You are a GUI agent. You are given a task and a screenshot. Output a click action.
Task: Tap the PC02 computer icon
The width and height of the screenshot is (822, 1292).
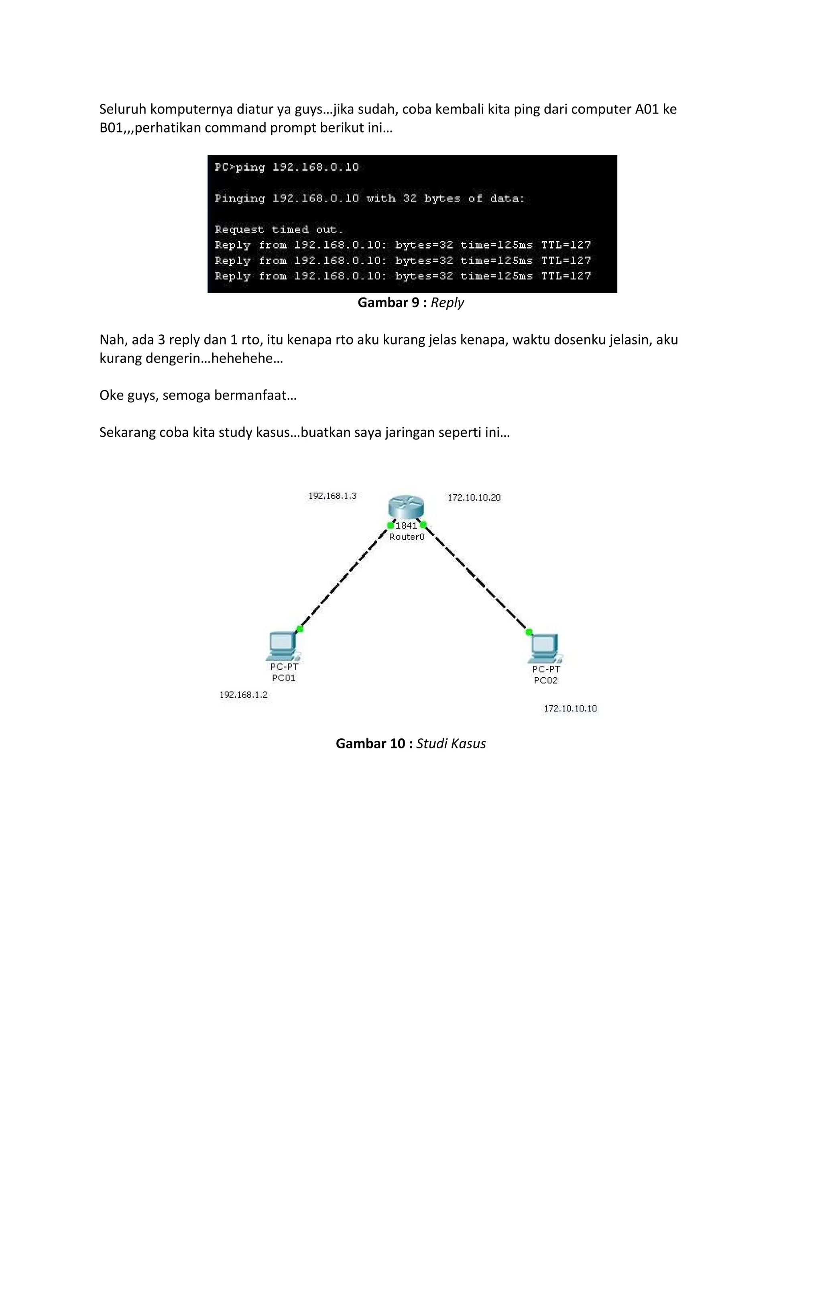pyautogui.click(x=545, y=648)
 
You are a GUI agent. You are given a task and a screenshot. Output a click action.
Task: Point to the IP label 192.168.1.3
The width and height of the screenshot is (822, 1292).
pyautogui.click(x=332, y=496)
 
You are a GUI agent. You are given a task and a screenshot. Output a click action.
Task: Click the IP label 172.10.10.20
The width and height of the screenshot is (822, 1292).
pyautogui.click(x=474, y=498)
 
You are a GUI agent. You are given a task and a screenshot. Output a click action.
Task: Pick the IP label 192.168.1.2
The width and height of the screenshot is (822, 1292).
pyautogui.click(x=244, y=695)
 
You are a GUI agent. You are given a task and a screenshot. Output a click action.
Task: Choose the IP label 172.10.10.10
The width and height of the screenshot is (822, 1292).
pyautogui.click(x=570, y=709)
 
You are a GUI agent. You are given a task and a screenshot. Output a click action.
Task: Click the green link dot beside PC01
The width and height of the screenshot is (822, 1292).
pyautogui.click(x=300, y=629)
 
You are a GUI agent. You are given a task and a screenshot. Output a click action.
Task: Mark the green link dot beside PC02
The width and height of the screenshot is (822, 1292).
pyautogui.click(x=529, y=632)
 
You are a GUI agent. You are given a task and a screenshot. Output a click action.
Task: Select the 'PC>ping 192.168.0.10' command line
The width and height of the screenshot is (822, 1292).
pyautogui.click(x=287, y=167)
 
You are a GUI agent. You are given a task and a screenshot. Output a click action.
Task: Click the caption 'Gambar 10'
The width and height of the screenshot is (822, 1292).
pyautogui.click(x=370, y=744)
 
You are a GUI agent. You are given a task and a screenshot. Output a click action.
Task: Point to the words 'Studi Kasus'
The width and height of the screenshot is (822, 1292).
pyautogui.click(x=451, y=744)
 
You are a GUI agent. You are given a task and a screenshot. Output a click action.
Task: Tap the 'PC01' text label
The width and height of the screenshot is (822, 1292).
pyautogui.click(x=284, y=678)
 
